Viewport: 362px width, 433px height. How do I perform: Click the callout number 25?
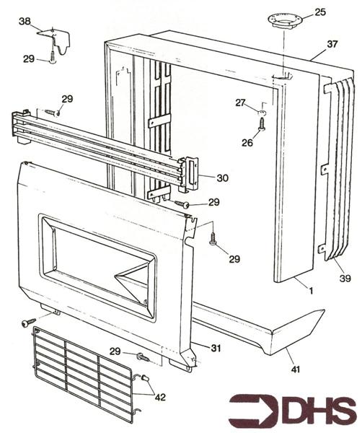pyautogui.click(x=321, y=12)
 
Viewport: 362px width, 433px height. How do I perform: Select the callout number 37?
pyautogui.click(x=332, y=44)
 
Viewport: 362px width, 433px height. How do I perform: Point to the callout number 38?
pyautogui.click(x=25, y=22)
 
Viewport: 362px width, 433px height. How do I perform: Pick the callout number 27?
pyautogui.click(x=240, y=102)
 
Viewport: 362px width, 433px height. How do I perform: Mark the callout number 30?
pyautogui.click(x=222, y=178)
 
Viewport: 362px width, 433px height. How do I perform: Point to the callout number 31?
pyautogui.click(x=215, y=348)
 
